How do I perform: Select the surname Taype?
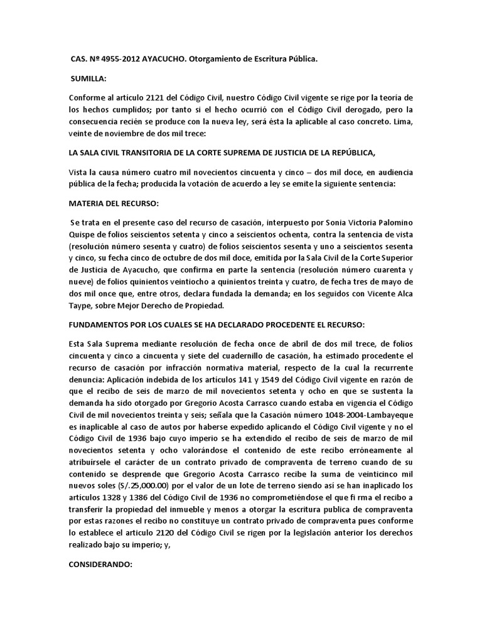click(82, 306)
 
